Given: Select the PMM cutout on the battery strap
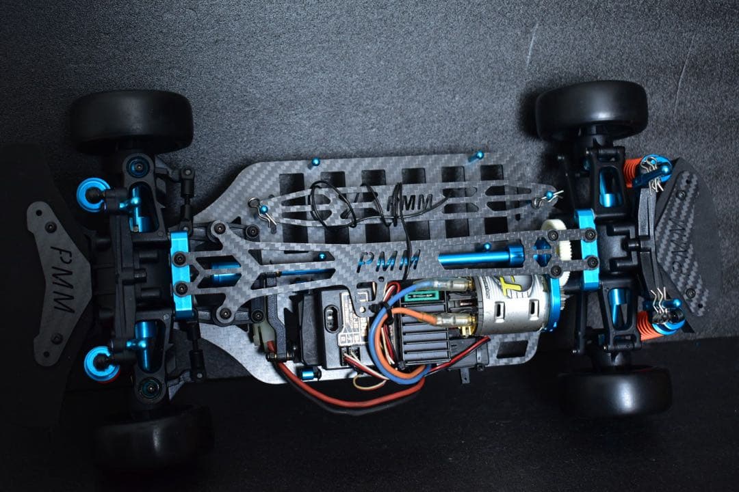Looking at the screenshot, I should pyautogui.click(x=411, y=202).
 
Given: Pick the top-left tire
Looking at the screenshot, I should pyautogui.click(x=131, y=120).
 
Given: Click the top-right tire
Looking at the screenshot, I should pyautogui.click(x=591, y=109).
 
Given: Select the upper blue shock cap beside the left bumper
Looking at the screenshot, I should pyautogui.click(x=91, y=194).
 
